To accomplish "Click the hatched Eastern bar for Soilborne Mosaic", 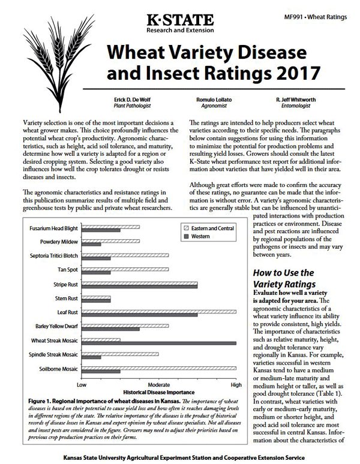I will tap(159, 368).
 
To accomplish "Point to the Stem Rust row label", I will tap(64, 298).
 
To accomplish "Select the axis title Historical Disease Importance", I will tap(158, 391).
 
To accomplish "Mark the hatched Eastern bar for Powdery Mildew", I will tap(110, 241).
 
